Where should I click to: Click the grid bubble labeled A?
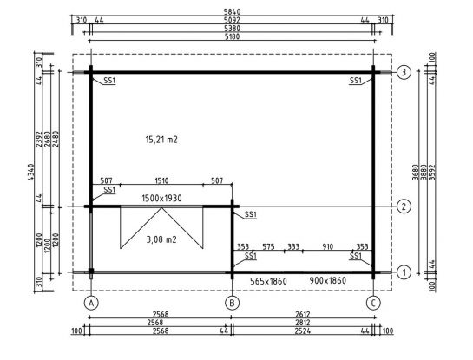pos(91,303)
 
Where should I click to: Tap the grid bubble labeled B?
pos(232,303)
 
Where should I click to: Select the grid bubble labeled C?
pos(373,303)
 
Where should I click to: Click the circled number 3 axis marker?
pos(404,72)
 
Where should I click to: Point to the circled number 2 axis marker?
pos(404,206)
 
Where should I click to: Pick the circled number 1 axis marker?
pos(404,272)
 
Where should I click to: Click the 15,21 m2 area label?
pos(161,140)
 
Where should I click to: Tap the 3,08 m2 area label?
pos(161,239)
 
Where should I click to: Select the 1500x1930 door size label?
pos(161,198)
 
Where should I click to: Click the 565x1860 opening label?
pos(268,281)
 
